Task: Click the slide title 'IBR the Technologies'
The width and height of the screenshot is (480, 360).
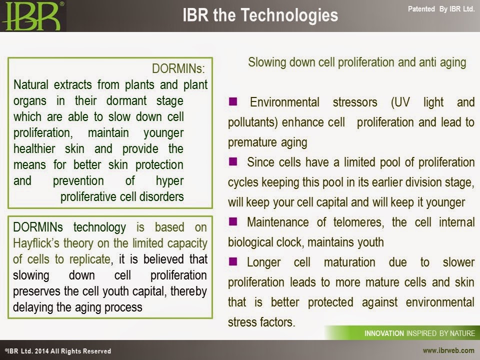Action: (260, 15)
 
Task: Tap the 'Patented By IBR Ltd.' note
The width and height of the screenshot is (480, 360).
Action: (441, 9)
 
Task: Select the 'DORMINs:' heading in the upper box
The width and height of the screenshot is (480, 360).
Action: (178, 68)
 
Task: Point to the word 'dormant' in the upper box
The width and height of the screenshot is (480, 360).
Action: (126, 100)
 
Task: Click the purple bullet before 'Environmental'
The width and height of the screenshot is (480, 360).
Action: (233, 101)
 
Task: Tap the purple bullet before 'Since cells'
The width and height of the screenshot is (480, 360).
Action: (233, 161)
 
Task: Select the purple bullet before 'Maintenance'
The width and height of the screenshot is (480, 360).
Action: (233, 221)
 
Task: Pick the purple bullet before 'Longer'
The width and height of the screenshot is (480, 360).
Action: (233, 261)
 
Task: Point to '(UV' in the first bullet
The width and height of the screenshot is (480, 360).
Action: (400, 102)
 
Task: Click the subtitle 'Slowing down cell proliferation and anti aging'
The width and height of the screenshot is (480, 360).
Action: (357, 62)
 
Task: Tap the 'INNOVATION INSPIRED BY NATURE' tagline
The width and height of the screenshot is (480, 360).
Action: (419, 333)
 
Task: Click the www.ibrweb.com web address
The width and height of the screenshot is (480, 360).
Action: (448, 350)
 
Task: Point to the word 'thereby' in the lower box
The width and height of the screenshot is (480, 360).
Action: (188, 291)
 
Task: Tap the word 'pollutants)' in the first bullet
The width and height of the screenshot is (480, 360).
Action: (253, 122)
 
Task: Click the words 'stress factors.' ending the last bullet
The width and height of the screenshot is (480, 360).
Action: (261, 322)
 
